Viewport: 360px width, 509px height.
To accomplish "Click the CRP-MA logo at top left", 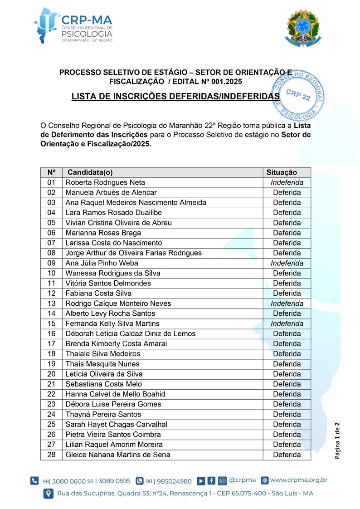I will click(x=73, y=25).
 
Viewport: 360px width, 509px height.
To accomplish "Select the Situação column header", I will click(x=282, y=172).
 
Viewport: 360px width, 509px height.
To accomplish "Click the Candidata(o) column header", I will click(x=90, y=172).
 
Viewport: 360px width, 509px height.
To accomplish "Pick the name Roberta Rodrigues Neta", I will click(x=105, y=182).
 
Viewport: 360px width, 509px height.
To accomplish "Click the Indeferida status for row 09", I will click(x=287, y=263).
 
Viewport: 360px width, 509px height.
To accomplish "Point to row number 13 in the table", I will click(x=51, y=303).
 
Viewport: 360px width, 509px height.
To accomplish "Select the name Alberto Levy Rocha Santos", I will click(x=110, y=313).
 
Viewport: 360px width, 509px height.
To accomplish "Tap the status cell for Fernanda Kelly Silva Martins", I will click(x=287, y=323).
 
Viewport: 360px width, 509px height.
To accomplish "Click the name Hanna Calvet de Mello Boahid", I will click(x=115, y=394).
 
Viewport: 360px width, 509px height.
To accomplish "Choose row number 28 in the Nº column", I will click(x=51, y=455).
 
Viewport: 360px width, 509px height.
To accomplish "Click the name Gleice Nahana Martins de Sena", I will click(x=118, y=455).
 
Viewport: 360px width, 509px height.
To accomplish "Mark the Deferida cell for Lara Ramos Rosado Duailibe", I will click(x=287, y=213).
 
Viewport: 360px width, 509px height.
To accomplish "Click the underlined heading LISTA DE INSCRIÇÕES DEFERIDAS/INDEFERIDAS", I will click(x=175, y=97).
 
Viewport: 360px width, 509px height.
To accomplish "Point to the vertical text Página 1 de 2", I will click(x=337, y=440).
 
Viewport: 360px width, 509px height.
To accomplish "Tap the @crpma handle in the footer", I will click(x=243, y=480).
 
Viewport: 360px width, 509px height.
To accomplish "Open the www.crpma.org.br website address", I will click(x=299, y=480).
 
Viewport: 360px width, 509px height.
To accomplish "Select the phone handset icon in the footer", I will click(x=34, y=481).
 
